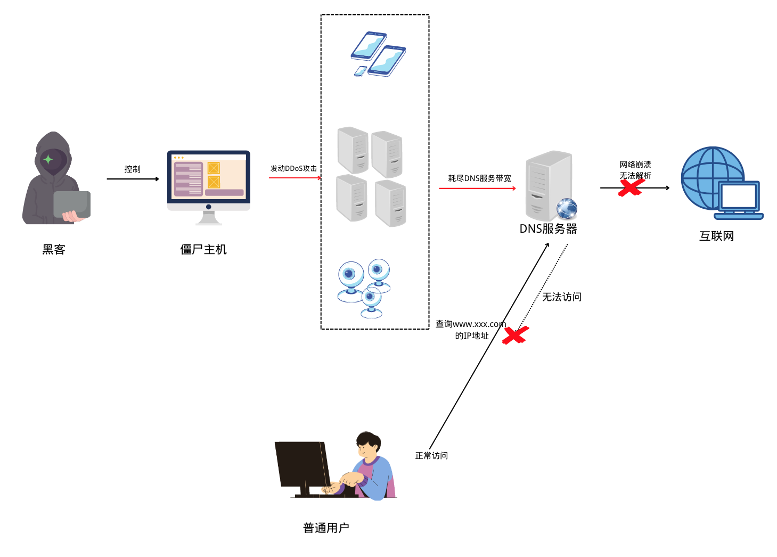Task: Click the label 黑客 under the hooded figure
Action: click(54, 249)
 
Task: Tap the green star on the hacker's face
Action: click(48, 160)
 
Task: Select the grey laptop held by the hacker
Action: click(72, 204)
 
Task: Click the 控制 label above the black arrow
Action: click(133, 169)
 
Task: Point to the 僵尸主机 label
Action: click(203, 249)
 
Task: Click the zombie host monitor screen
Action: click(209, 177)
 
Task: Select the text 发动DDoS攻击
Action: click(294, 168)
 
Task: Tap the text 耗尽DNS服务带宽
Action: click(479, 178)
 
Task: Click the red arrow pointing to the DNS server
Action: click(477, 189)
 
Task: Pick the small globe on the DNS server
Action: click(567, 208)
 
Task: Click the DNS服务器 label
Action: click(548, 229)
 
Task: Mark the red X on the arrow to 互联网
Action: click(631, 187)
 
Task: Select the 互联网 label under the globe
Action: click(716, 236)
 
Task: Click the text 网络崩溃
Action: click(635, 165)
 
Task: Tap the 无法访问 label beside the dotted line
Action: click(562, 297)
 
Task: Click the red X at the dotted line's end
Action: click(516, 335)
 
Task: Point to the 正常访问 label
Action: click(431, 455)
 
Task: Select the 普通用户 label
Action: click(326, 528)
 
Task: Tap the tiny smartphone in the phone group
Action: click(361, 71)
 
